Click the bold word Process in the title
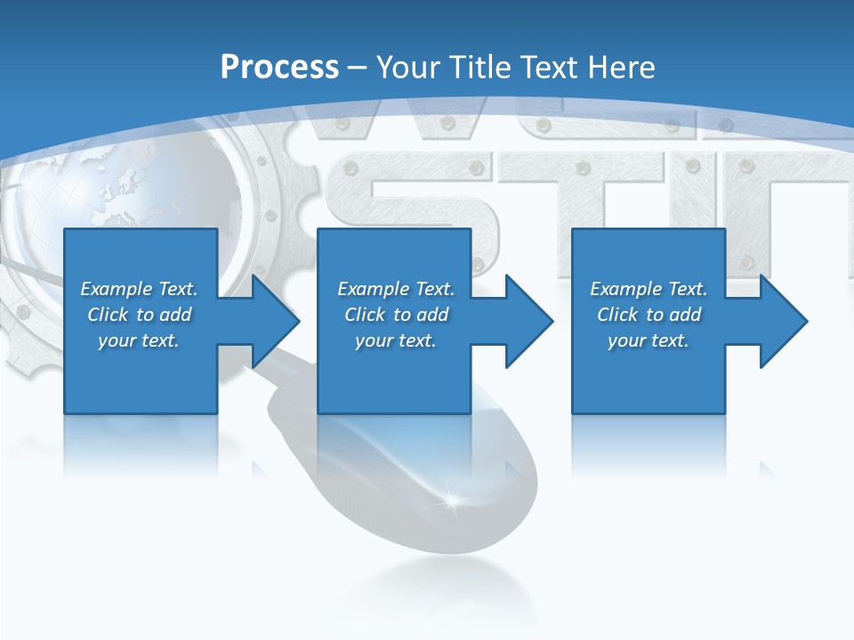click(279, 68)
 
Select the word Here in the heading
click(622, 68)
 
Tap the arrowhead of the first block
click(277, 321)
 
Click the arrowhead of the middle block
click(530, 321)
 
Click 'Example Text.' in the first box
click(139, 289)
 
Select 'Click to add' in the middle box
click(396, 315)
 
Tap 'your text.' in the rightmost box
click(649, 340)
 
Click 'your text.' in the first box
click(139, 340)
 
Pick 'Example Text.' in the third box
click(649, 289)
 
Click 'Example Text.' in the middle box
click(396, 289)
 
